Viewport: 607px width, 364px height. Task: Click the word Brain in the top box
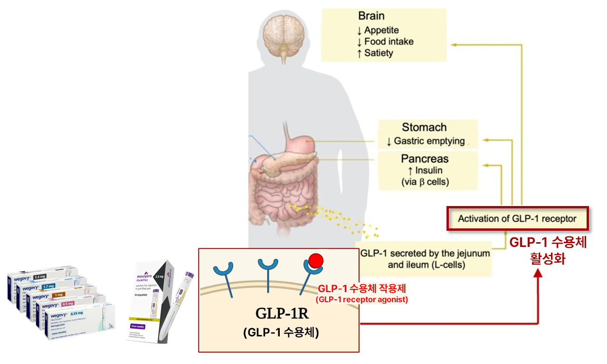pyautogui.click(x=371, y=16)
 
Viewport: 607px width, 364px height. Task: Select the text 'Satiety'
pyautogui.click(x=379, y=53)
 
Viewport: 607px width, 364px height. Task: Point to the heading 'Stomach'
pyautogui.click(x=424, y=128)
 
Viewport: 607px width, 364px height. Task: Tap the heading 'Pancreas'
pyautogui.click(x=425, y=158)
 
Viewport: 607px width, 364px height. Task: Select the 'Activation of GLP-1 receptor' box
pyautogui.click(x=517, y=219)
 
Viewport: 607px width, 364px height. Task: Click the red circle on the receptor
pyautogui.click(x=316, y=261)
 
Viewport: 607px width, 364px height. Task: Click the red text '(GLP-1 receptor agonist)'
pyautogui.click(x=361, y=300)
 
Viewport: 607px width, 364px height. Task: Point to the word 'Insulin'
pyautogui.click(x=429, y=170)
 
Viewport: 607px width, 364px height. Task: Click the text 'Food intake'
pyautogui.click(x=389, y=41)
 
